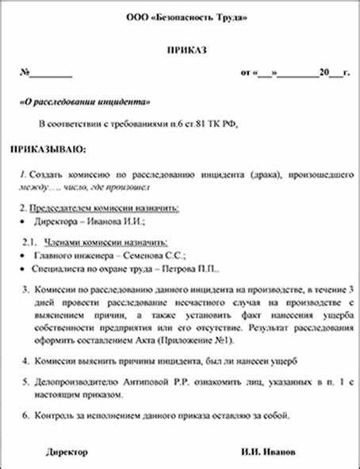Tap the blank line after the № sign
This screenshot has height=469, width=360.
point(51,74)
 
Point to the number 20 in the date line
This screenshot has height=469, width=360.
point(323,73)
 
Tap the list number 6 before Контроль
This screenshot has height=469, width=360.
point(25,415)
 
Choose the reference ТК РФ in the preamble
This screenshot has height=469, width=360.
point(224,125)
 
